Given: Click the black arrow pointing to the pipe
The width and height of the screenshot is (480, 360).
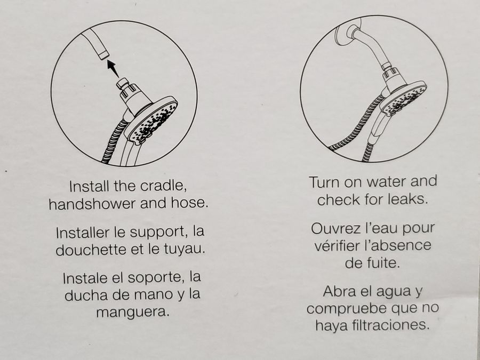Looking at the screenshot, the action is click(113, 68).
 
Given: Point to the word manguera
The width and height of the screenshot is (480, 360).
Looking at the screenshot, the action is click(133, 312).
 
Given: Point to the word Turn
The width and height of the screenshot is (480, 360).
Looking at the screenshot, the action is click(324, 182).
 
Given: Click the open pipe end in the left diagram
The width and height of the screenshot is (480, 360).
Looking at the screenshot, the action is click(103, 55).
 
